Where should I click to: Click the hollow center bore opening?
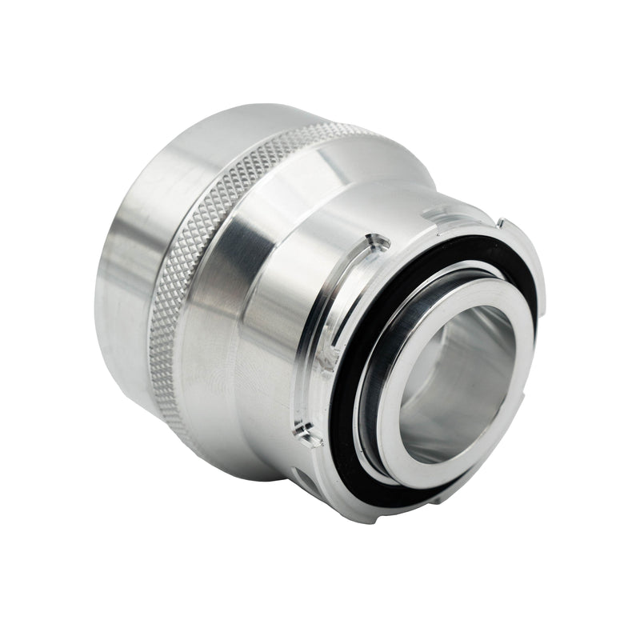(456, 376)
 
